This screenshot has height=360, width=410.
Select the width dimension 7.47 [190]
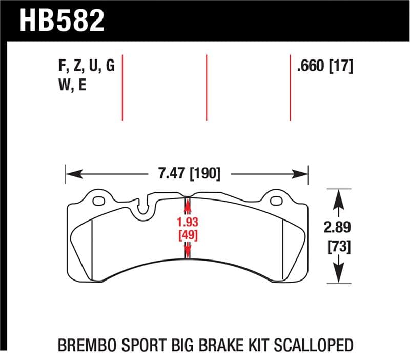(x=187, y=174)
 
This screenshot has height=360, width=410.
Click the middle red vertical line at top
(x=206, y=87)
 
